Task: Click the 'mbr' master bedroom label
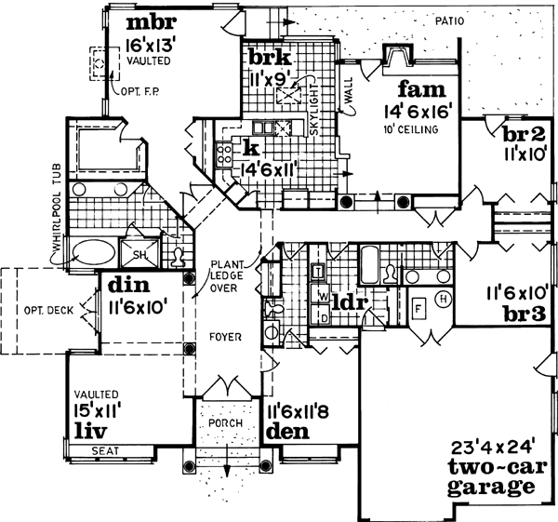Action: pos(151,20)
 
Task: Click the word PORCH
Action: pos(225,422)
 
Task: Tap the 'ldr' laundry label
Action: pos(350,304)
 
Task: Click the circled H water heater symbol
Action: pos(442,299)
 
